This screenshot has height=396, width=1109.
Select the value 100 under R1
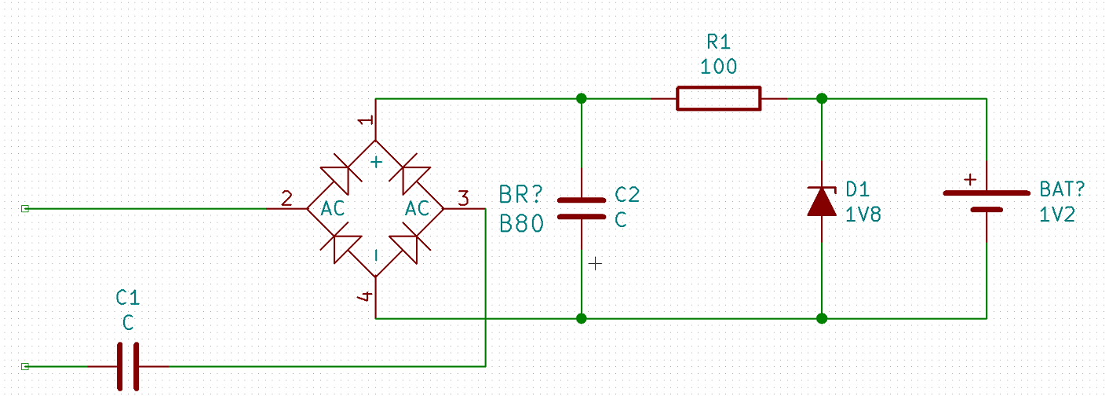(718, 67)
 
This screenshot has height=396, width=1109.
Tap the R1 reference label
(718, 42)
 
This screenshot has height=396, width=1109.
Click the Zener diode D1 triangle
(822, 202)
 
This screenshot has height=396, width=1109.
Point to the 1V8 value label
(863, 214)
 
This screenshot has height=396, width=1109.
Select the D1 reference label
(858, 189)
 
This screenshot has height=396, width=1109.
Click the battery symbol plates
(987, 201)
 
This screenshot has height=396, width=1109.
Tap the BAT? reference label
(1062, 189)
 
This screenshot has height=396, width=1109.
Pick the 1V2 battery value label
(1057, 214)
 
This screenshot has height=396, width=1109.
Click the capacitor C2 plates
(582, 209)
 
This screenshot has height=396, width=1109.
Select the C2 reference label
(627, 195)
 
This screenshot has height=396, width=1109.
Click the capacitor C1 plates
(128, 366)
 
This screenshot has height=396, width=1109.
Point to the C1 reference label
(128, 298)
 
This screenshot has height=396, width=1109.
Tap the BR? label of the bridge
(521, 195)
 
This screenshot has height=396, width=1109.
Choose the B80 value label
(521, 224)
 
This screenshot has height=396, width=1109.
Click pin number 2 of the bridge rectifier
(286, 199)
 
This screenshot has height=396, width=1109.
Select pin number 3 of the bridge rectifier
(463, 199)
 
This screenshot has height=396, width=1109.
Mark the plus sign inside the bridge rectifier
(376, 162)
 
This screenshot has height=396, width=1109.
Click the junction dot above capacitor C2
(582, 99)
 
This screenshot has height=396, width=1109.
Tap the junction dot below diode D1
(822, 318)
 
